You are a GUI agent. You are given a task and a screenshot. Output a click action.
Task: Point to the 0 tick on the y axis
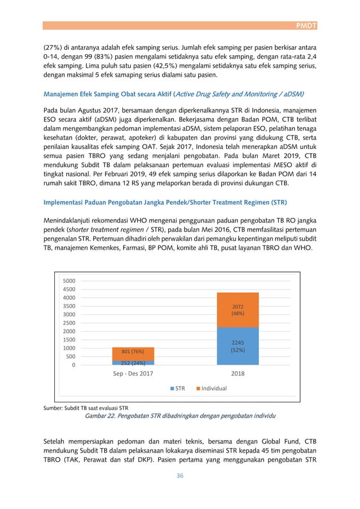(x=73, y=365)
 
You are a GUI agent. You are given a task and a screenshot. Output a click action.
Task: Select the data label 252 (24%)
(x=133, y=363)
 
